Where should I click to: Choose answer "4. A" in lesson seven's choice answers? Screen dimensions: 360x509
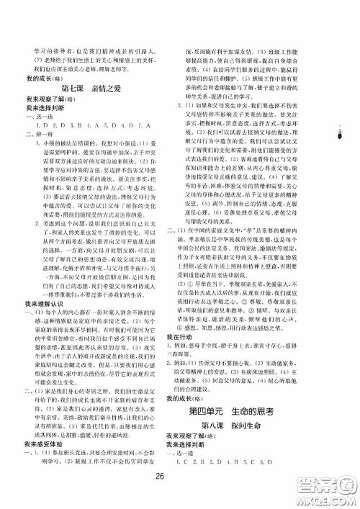click(x=90, y=125)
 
